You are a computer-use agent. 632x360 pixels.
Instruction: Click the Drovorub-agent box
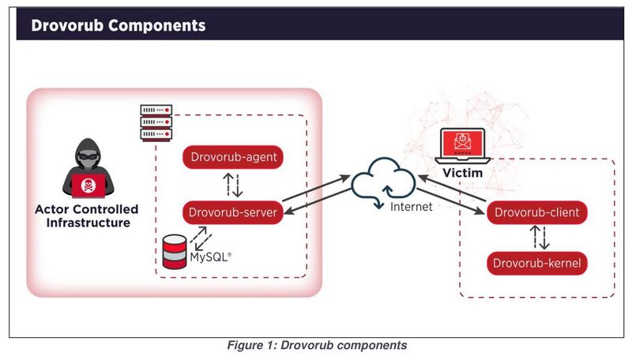point(233,157)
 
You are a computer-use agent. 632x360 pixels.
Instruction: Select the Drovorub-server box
point(233,212)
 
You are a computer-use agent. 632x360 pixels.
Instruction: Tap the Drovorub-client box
point(537,212)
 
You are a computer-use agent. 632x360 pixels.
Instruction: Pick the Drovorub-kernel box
point(537,264)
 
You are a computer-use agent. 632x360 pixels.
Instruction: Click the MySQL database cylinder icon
point(175,252)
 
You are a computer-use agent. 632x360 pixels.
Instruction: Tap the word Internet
point(411,207)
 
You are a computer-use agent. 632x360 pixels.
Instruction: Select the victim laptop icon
point(463,146)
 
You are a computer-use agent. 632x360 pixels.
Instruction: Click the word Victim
point(463,173)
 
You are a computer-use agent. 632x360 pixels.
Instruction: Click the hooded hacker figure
point(88,168)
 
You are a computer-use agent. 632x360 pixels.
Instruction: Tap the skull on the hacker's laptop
point(88,186)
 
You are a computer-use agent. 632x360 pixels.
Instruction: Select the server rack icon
point(156,123)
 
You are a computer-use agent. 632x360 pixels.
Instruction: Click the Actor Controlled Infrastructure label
point(87,216)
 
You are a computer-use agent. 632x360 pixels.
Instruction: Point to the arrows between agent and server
point(233,185)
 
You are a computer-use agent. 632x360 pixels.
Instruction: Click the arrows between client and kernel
point(540,237)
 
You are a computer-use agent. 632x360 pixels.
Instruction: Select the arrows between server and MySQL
point(201,238)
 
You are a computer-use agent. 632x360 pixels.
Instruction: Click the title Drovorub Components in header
point(118,25)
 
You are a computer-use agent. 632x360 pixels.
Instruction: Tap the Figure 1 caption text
point(318,345)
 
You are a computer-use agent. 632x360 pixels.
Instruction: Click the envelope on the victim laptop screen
point(463,142)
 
